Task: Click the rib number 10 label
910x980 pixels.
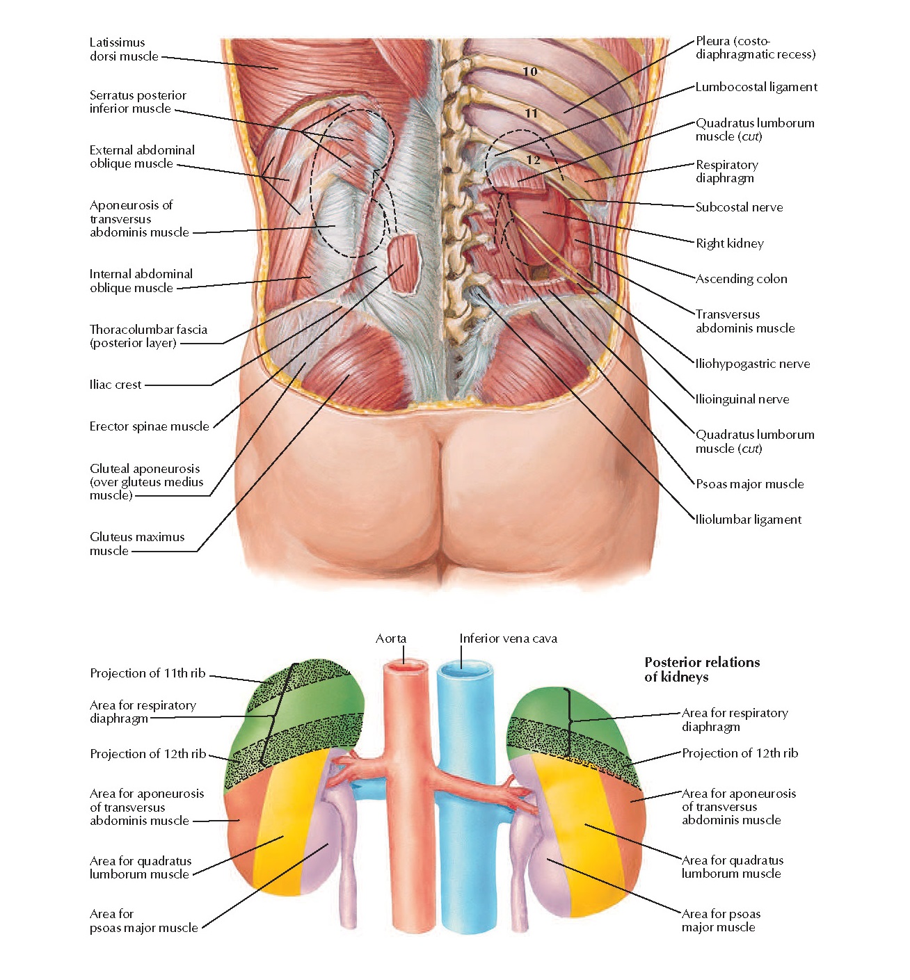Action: (x=530, y=71)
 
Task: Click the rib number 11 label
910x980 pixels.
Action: (x=532, y=113)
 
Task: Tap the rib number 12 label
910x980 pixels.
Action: (x=534, y=160)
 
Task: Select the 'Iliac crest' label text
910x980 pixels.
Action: (x=115, y=385)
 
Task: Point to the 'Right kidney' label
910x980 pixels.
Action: (x=730, y=243)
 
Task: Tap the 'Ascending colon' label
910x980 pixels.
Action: (x=742, y=279)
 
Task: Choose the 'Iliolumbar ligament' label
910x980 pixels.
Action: (x=749, y=520)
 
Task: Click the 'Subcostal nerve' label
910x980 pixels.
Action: (x=739, y=207)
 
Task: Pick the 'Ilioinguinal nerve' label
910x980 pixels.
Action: (x=742, y=399)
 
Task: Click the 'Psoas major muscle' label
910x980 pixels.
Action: (x=749, y=484)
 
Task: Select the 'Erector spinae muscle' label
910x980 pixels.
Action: (x=149, y=426)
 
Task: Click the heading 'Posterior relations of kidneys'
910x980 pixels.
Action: (x=701, y=669)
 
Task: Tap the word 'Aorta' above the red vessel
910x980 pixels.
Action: (x=391, y=638)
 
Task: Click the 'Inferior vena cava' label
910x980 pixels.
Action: (x=508, y=638)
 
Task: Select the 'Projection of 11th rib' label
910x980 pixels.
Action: (x=147, y=673)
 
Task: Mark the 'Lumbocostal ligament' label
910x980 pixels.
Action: (x=756, y=87)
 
